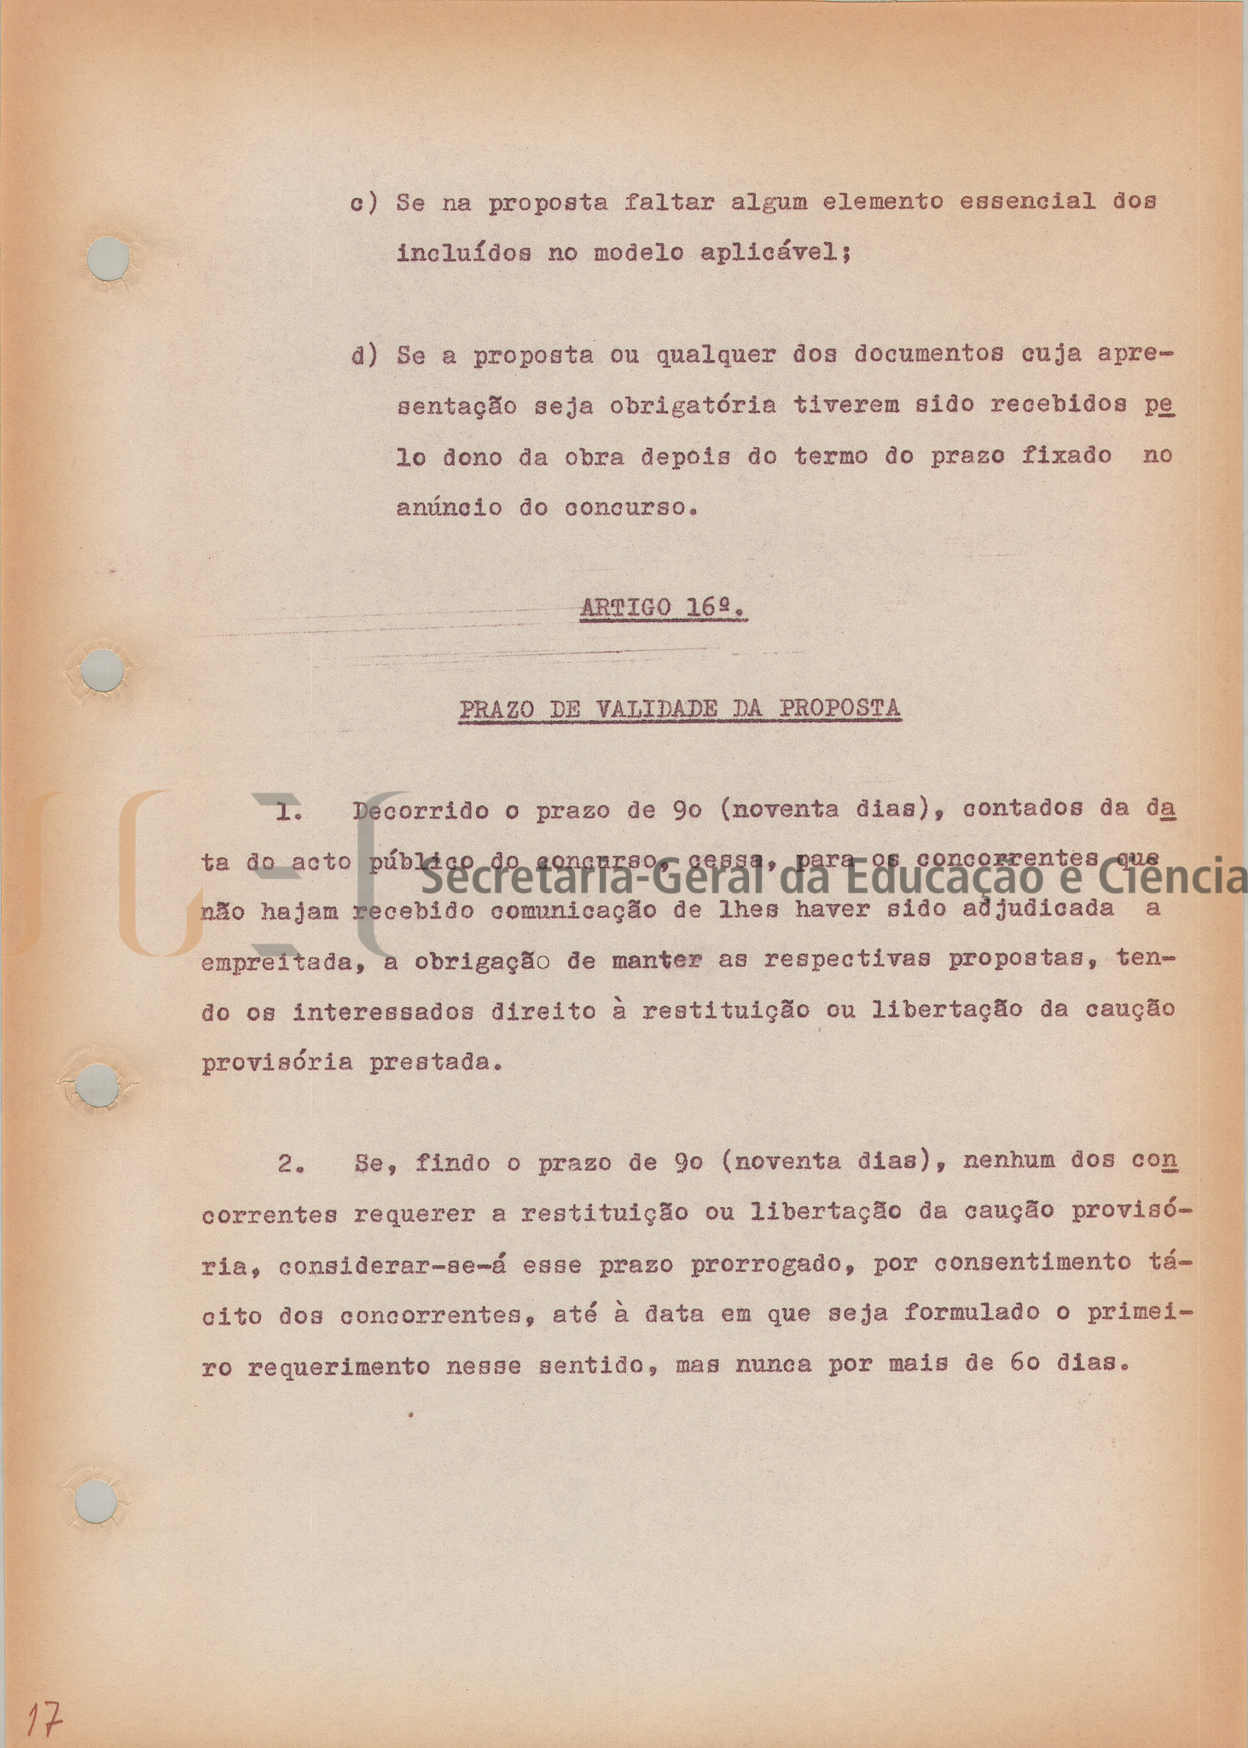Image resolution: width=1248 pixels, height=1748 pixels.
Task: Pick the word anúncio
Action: pyautogui.click(x=449, y=508)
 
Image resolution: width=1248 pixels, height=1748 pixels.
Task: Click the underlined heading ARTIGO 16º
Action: pyautogui.click(x=664, y=609)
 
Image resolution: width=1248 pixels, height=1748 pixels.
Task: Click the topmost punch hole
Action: pyautogui.click(x=109, y=258)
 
